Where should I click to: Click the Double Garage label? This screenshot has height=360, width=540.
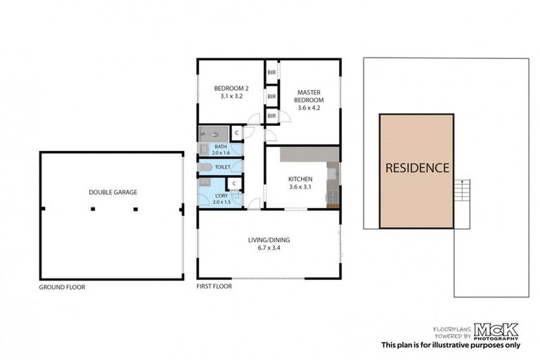click(x=112, y=192)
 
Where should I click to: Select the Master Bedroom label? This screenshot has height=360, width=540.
click(x=309, y=96)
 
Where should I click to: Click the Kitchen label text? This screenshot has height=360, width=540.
click(x=300, y=179)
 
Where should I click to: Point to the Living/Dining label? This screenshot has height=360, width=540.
click(x=269, y=240)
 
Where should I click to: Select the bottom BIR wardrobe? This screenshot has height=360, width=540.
click(x=271, y=115)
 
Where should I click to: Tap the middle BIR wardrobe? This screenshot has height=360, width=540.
click(x=271, y=95)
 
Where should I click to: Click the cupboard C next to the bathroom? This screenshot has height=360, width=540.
click(x=236, y=132)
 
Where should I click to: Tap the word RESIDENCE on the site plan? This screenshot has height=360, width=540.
click(x=416, y=169)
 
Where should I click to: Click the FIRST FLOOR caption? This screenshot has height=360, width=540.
click(x=214, y=287)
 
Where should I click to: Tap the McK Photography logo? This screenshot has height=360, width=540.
click(x=496, y=329)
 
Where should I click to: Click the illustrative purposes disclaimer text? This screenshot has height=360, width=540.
click(x=450, y=345)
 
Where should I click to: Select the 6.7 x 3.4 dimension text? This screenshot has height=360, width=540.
click(x=269, y=248)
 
